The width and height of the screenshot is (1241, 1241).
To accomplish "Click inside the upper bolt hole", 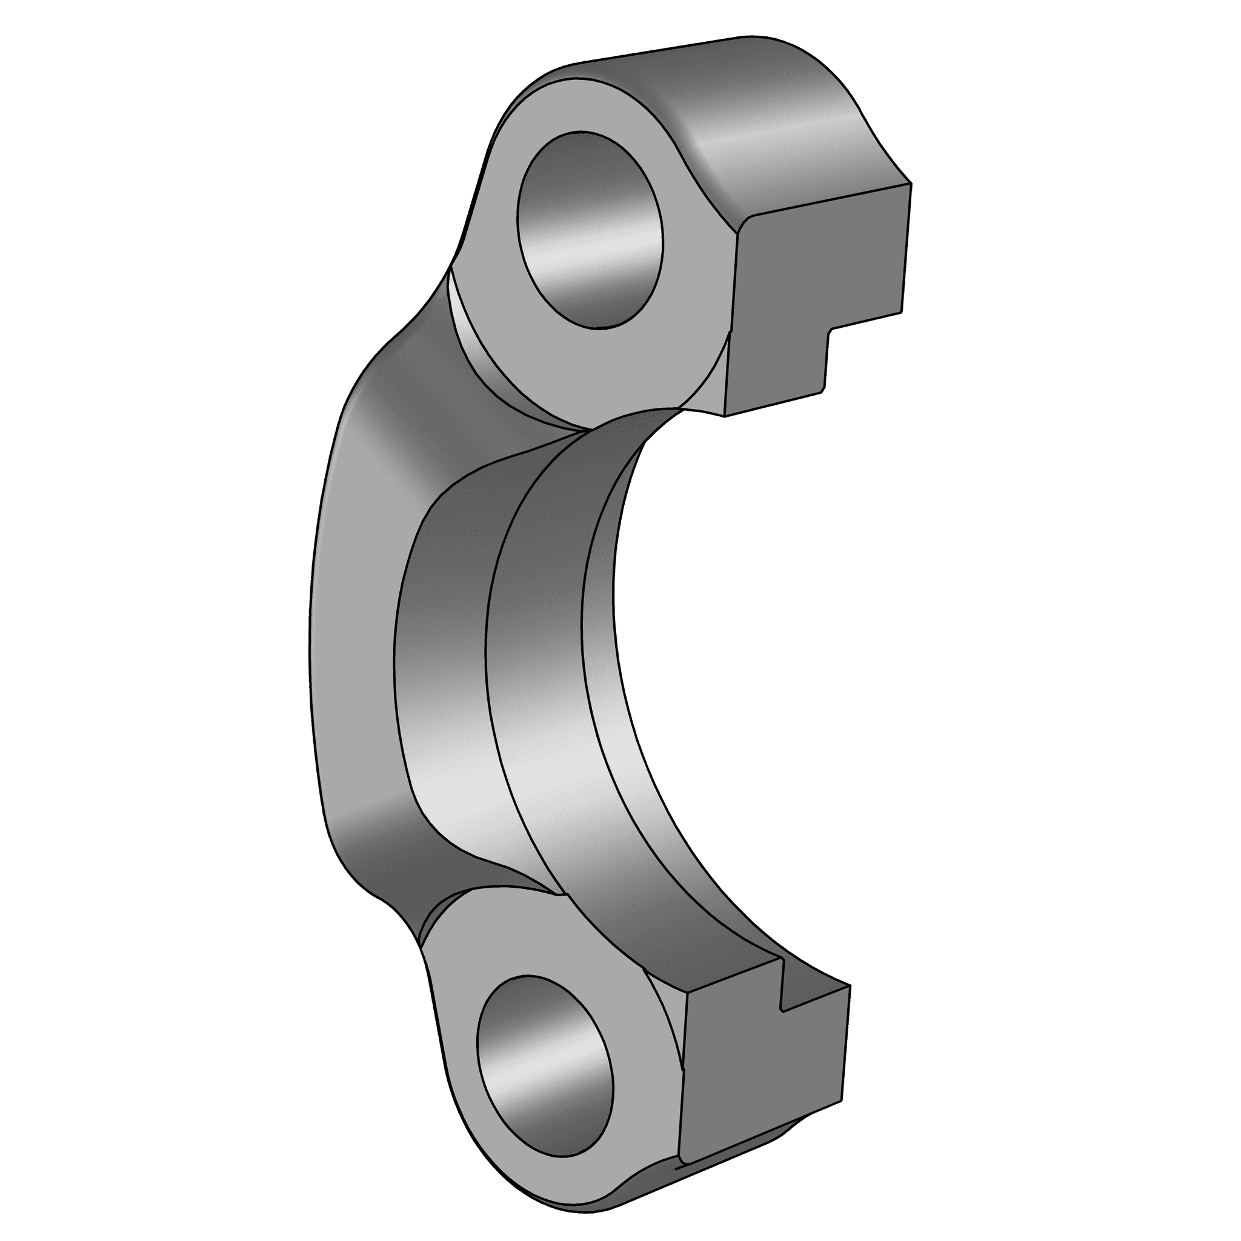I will pos(590,231).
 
